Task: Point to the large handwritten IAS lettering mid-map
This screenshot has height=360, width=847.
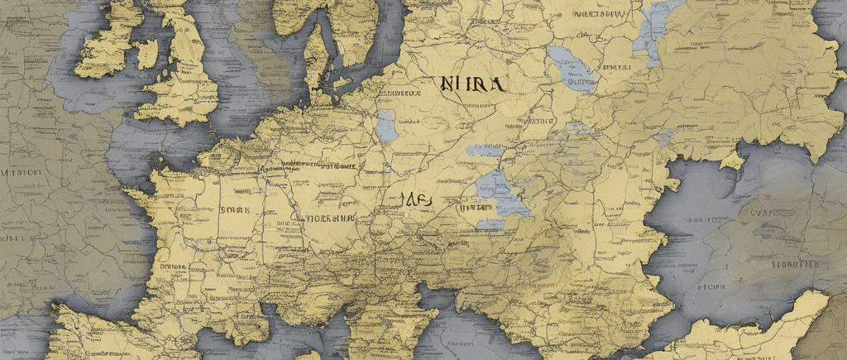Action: point(417,199)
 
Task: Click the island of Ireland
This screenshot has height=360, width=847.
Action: point(108,41)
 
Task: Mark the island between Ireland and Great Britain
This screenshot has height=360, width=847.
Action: point(146,55)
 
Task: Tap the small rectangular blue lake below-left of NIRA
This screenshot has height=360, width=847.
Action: point(385,125)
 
